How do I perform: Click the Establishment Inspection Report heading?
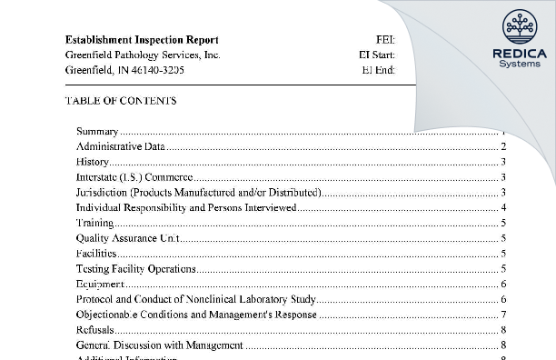[142, 40]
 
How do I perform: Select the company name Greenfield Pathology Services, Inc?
[143, 55]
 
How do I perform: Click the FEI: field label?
[384, 40]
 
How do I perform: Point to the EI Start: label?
[377, 55]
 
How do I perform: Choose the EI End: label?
[379, 70]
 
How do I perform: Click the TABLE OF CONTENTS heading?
[121, 101]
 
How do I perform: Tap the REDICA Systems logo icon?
[519, 28]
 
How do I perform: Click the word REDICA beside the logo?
[519, 54]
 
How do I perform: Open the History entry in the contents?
[93, 162]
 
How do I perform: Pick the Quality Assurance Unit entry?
[128, 238]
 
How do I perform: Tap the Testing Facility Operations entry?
[136, 269]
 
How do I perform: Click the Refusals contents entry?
[95, 330]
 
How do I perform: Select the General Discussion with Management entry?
[160, 345]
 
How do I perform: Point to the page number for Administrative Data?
[503, 146]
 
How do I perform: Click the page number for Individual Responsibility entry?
[503, 207]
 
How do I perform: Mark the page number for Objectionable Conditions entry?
[503, 315]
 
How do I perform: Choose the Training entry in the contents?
[95, 223]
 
